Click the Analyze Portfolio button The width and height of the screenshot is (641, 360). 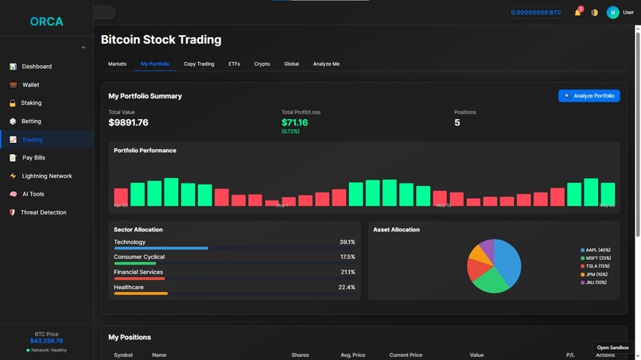pos(589,95)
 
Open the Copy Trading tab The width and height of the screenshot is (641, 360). pos(199,64)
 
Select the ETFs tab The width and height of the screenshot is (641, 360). pos(234,64)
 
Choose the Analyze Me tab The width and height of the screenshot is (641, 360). pos(326,64)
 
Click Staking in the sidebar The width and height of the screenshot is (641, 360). pos(31,103)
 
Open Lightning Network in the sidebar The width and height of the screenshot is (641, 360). pos(47,176)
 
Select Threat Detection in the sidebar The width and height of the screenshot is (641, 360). pos(43,212)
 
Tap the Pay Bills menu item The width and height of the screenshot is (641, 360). pos(33,157)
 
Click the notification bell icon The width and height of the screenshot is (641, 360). pos(577,13)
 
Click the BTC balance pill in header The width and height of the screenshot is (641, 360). pos(535,13)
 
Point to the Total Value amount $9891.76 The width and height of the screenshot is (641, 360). pos(129,122)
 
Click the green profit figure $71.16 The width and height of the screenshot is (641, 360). pos(294,122)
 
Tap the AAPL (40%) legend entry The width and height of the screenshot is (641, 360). pos(596,250)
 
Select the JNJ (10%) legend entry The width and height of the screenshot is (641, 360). pos(596,282)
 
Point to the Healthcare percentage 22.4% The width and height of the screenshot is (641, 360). pos(347,287)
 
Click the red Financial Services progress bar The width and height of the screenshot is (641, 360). pos(139,279)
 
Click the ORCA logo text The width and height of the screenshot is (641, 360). pos(46,21)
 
